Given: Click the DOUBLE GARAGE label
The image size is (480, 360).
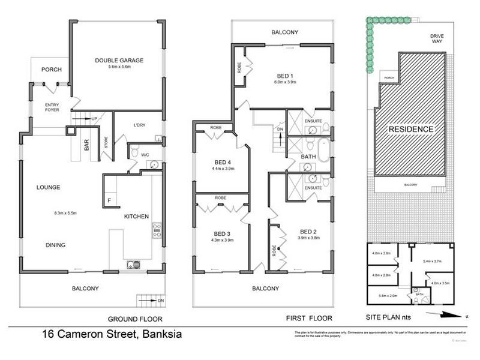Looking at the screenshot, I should pos(117,60).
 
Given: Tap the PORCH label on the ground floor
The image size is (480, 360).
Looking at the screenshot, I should pos(52,70).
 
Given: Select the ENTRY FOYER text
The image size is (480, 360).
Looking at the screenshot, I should pos(52,107).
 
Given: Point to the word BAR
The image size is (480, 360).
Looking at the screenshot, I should pos(87,146).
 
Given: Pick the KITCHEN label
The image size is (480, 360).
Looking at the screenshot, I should pos(136,216).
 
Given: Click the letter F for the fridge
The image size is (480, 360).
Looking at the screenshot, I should pos(109,200).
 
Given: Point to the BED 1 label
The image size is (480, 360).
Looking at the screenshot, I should pos(285,76).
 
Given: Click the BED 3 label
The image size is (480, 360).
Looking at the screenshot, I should pos(221,234).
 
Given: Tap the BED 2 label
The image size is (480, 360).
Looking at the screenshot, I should pos(308,231).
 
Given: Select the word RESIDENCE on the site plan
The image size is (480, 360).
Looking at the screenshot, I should pos(410,129).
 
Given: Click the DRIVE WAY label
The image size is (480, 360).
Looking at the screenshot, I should pos(436,40).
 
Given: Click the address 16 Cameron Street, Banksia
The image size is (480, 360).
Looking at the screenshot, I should pos(112,334).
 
